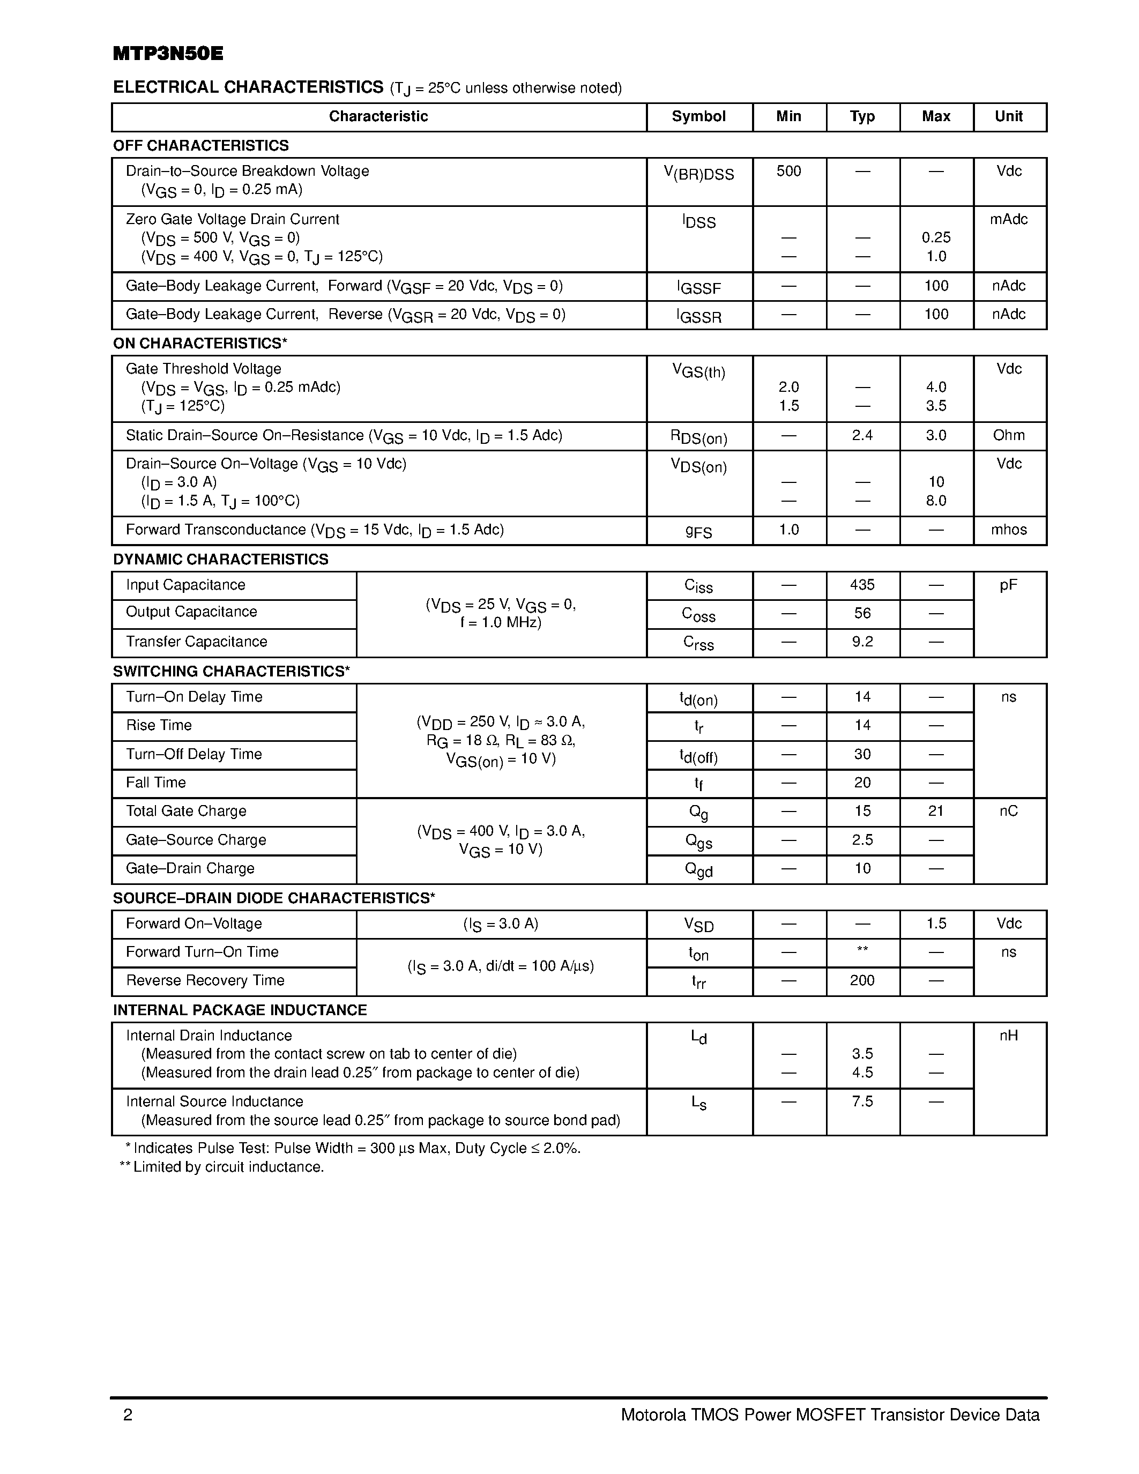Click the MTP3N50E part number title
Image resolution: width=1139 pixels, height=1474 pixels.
coord(168,54)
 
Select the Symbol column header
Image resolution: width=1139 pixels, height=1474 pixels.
coord(698,116)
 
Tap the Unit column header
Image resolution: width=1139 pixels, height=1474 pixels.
coord(1009,116)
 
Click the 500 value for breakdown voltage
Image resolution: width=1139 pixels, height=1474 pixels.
coord(788,171)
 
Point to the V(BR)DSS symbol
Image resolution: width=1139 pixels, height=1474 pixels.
coord(698,174)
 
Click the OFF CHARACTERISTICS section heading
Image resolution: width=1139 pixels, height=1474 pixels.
coord(200,145)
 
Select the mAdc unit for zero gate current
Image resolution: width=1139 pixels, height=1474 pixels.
coord(1009,219)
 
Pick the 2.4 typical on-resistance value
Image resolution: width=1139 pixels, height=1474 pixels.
coord(862,435)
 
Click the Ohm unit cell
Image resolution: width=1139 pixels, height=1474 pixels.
coord(1009,435)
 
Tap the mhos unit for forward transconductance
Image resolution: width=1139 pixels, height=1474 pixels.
coord(1009,530)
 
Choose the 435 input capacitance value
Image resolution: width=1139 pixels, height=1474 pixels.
coord(862,584)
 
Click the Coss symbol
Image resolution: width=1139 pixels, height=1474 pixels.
coord(698,614)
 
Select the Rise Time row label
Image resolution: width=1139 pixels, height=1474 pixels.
coord(159,726)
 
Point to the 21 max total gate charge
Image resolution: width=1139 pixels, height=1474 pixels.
coord(935,812)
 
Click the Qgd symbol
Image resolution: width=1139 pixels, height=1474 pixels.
coord(698,870)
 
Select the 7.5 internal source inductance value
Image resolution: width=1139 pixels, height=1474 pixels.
coord(862,1101)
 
